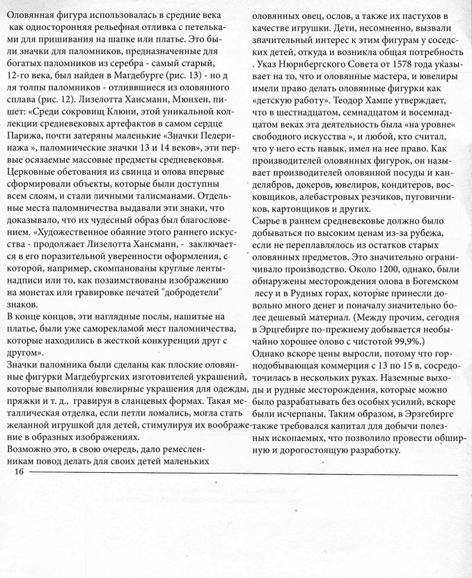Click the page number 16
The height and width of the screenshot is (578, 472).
tap(18, 473)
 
